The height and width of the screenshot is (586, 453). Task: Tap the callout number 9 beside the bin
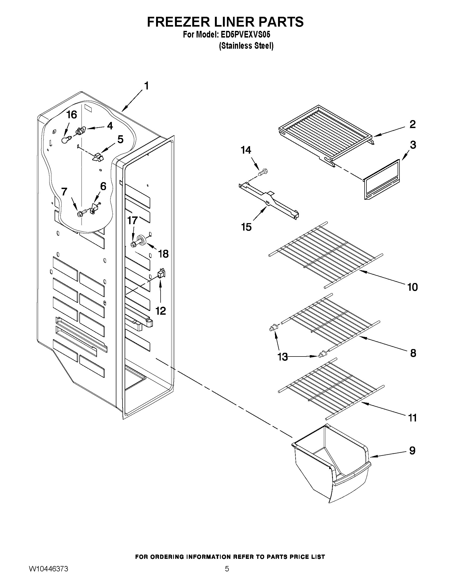click(x=413, y=450)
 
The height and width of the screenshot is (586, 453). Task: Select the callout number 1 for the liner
click(x=146, y=86)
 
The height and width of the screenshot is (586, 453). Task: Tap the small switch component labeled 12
click(x=161, y=273)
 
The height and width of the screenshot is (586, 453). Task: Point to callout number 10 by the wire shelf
click(x=413, y=287)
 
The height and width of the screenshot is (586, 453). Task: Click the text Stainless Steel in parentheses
click(x=246, y=46)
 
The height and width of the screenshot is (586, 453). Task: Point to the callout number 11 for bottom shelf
click(x=413, y=418)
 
